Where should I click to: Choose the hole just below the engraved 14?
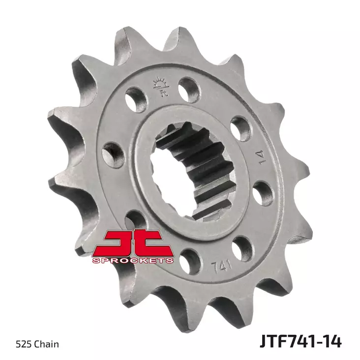[263, 193]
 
